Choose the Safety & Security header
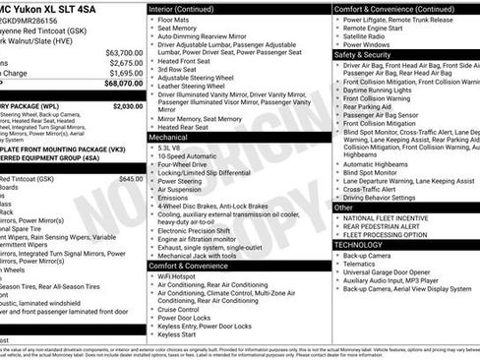point(362,55)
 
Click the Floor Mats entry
point(174,19)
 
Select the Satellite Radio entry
point(366,36)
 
